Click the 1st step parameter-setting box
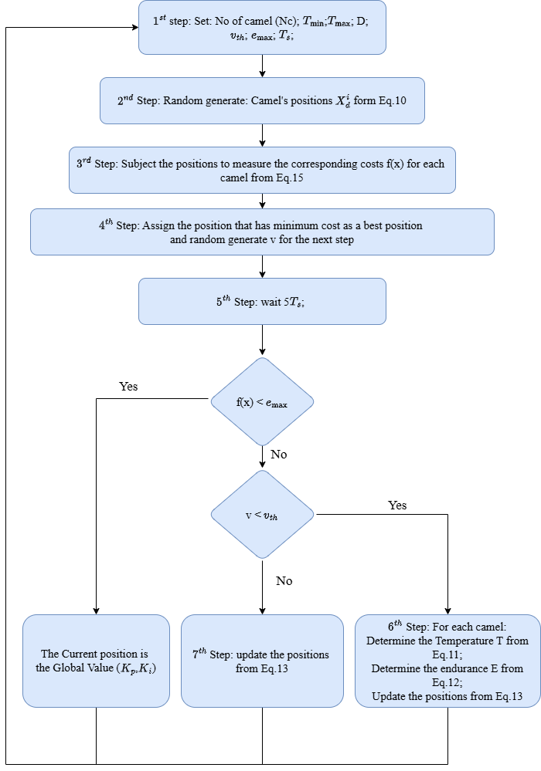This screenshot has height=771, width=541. tap(262, 28)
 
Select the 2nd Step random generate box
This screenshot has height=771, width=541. tap(262, 101)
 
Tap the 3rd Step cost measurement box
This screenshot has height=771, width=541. tap(262, 170)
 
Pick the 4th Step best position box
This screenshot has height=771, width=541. tap(262, 232)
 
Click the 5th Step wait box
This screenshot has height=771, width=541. tap(262, 302)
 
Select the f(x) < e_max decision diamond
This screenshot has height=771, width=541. tap(262, 402)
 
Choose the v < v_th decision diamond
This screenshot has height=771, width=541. tap(262, 514)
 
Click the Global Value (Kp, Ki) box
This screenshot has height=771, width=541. tap(96, 661)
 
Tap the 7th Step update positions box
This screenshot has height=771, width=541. tap(262, 661)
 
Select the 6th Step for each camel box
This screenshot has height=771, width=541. tap(447, 661)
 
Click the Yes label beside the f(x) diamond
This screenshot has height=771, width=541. tap(128, 387)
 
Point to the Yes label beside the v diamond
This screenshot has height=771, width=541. tap(397, 506)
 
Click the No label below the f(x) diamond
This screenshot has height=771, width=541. tap(279, 455)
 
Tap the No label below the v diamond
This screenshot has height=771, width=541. tap(284, 581)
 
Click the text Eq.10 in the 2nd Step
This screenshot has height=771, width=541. tap(393, 101)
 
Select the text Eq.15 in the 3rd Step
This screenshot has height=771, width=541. tap(290, 178)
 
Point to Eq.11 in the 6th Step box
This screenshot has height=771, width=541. tap(447, 655)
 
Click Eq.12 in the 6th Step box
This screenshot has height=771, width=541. tap(447, 682)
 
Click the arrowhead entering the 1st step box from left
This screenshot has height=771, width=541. tap(135, 28)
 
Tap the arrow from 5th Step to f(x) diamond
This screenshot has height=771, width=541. tap(262, 340)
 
